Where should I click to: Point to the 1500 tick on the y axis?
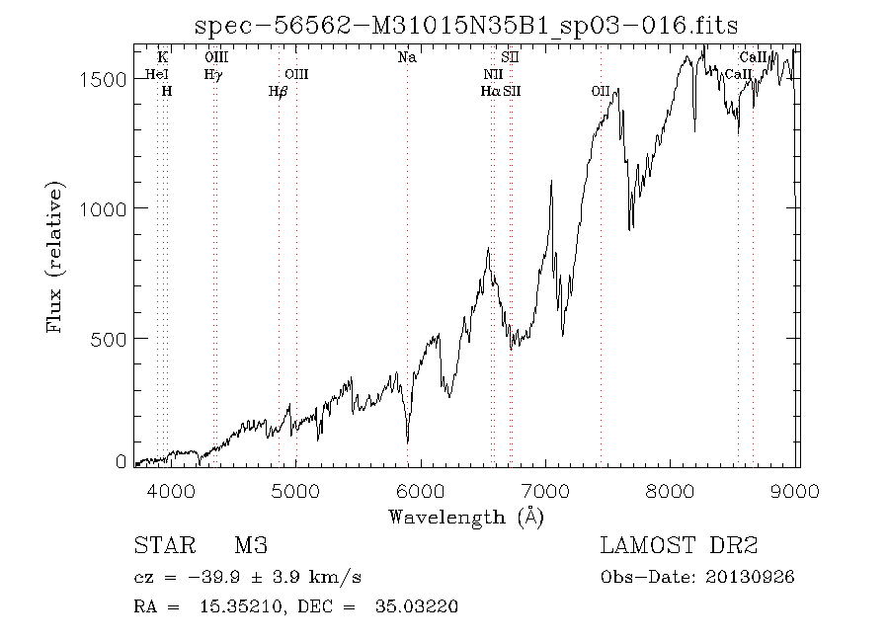103,79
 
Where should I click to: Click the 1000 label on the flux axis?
103,208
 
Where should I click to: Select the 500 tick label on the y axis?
109,338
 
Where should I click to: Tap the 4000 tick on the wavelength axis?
170,490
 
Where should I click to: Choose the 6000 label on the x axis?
422,490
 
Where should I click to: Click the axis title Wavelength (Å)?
465,517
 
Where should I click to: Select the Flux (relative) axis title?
54,256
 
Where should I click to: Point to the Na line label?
407,57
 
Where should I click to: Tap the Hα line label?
491,91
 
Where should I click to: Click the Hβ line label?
278,91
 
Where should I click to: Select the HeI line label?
157,74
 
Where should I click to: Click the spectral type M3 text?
251,546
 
